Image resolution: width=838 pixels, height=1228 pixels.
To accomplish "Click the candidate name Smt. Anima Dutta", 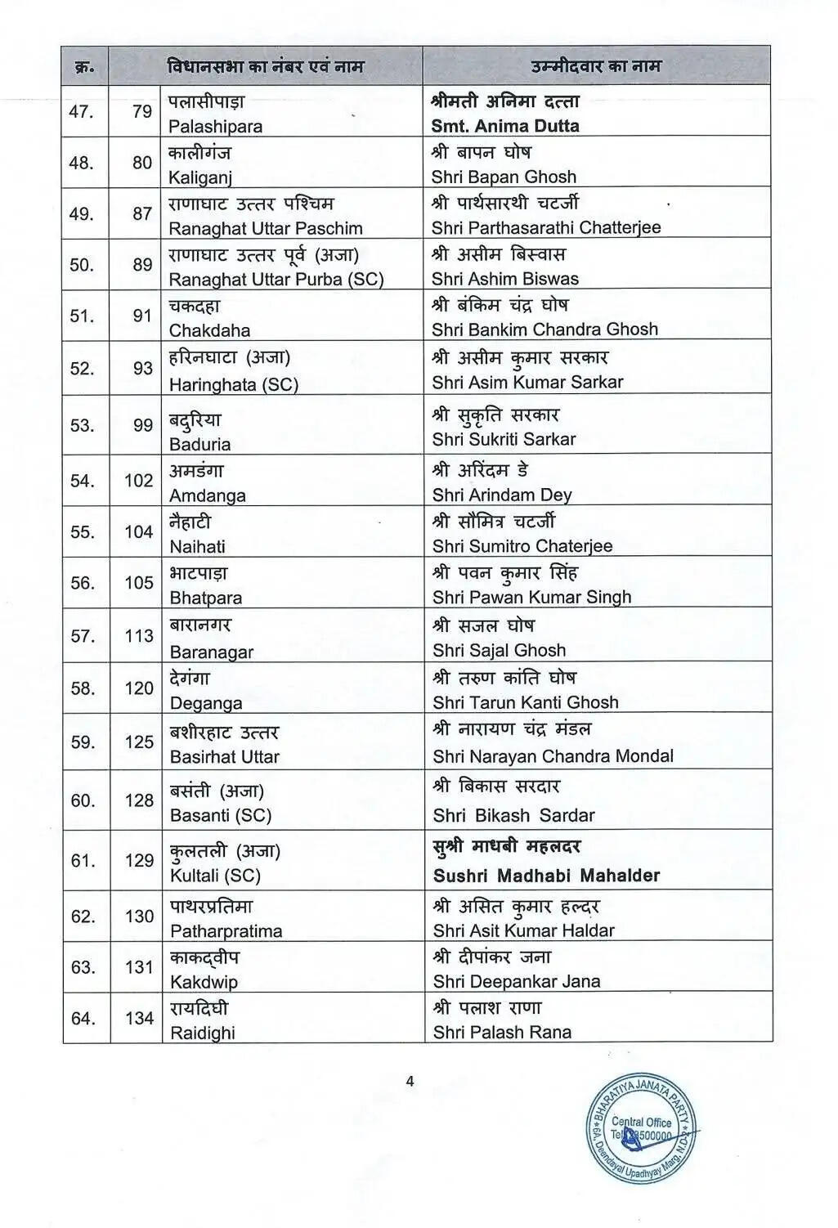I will [x=505, y=126].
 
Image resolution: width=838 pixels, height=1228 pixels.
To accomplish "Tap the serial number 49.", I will [x=82, y=214].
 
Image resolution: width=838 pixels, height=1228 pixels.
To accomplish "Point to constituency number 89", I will [x=142, y=265].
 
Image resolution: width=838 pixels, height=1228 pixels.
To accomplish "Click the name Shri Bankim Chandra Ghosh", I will [x=544, y=329].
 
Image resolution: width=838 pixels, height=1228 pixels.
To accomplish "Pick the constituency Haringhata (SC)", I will [x=233, y=384].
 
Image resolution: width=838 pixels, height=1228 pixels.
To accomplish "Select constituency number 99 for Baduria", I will [x=142, y=425].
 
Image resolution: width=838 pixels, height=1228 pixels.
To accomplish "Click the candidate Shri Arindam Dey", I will [x=502, y=495].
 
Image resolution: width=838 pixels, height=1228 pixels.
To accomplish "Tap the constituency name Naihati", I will [x=197, y=547].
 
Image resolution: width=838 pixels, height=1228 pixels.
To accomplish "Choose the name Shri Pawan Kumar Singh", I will [x=531, y=597].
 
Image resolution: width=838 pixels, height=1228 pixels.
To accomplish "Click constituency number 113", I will [x=139, y=635].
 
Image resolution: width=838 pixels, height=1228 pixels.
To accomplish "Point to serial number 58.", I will [x=82, y=688].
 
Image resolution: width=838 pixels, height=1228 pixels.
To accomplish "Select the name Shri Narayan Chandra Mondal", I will [x=553, y=756].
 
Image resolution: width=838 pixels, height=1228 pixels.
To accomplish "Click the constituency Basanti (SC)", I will [x=220, y=815].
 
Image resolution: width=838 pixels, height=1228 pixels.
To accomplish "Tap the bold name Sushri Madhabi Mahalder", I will [x=546, y=876].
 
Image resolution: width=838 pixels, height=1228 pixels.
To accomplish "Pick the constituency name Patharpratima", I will [x=226, y=931].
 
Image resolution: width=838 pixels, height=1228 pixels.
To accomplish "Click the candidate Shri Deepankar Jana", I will [x=516, y=981].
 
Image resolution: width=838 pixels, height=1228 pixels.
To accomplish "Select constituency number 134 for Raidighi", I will [x=139, y=1018].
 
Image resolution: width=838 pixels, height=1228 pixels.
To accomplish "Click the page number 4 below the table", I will [x=410, y=1081].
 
